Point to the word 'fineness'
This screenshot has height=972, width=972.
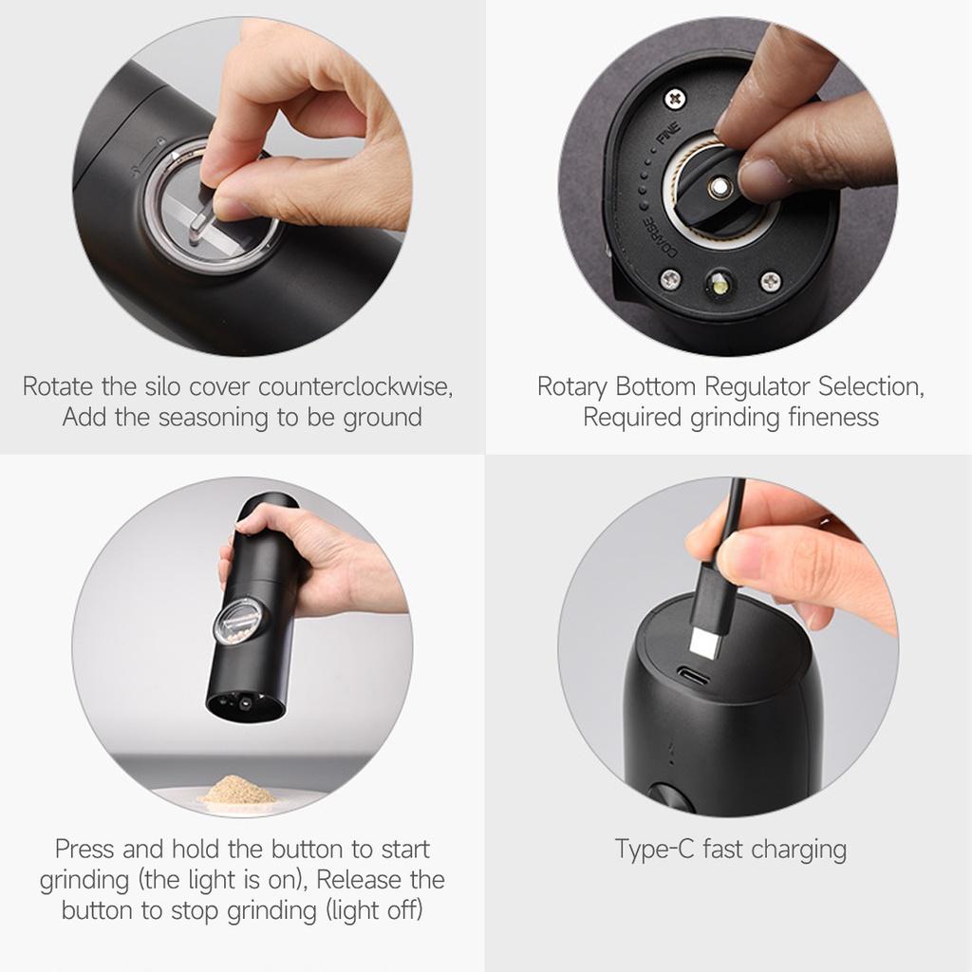[832, 418]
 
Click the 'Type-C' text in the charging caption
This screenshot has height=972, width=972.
[655, 849]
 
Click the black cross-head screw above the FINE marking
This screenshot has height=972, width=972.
[675, 97]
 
